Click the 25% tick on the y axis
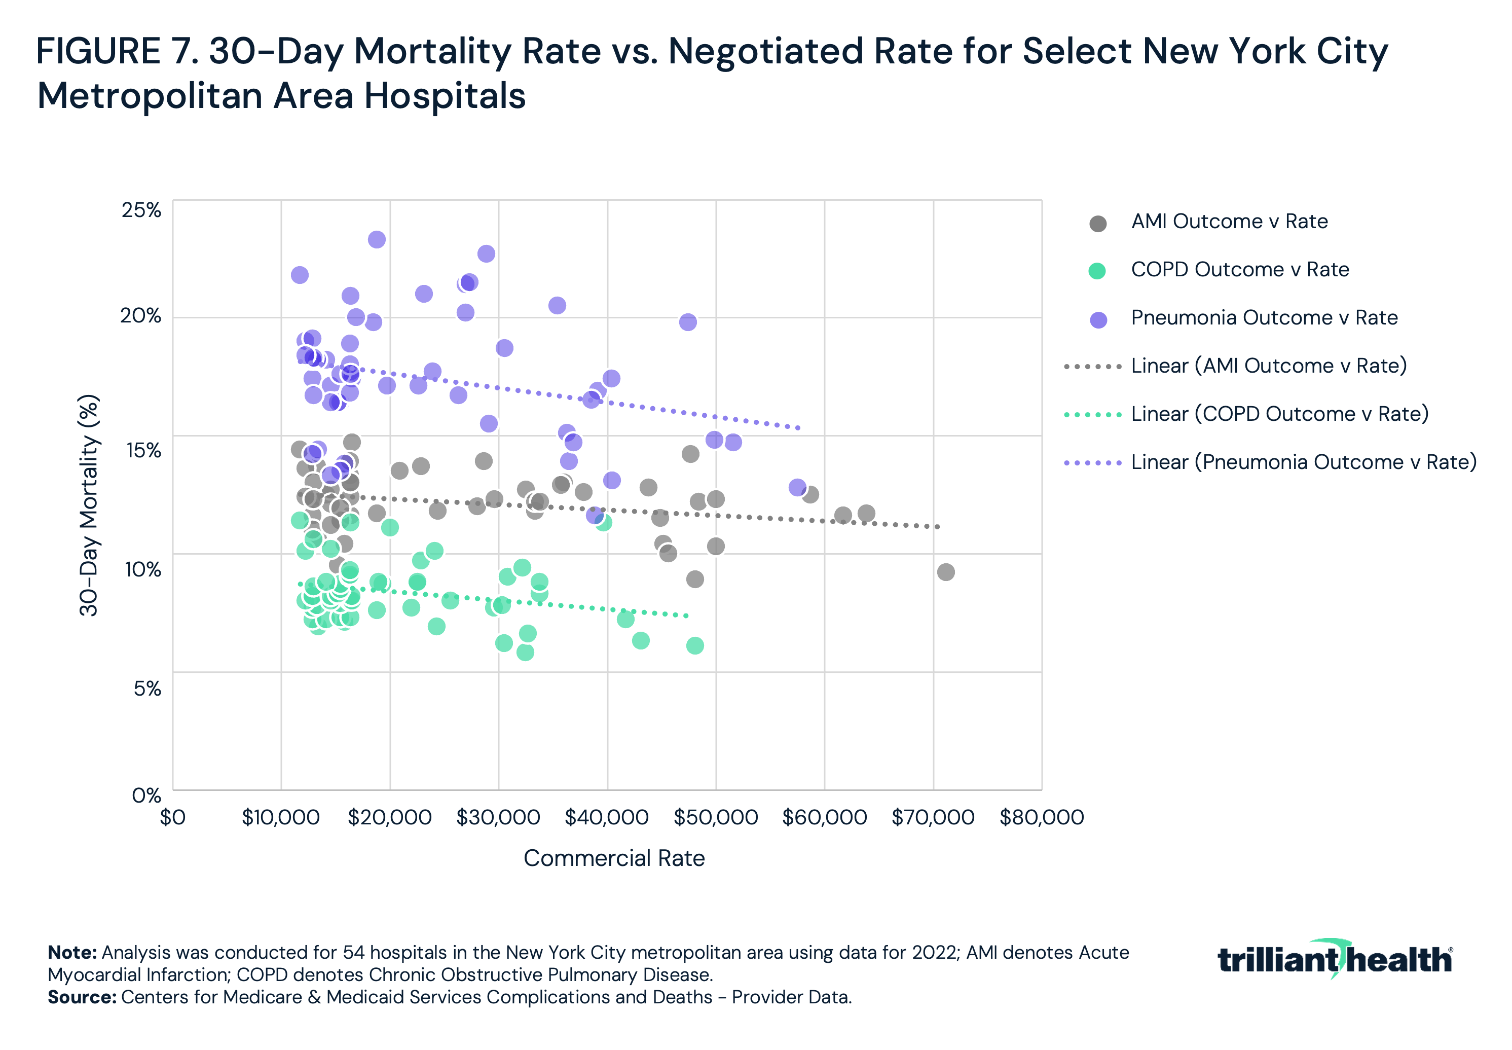141,210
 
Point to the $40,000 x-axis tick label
606,818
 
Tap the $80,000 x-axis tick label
1041,818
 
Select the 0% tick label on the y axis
146,795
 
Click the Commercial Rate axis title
614,858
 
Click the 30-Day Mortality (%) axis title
89,505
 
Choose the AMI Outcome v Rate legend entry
1229,222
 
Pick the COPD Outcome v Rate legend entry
1239,270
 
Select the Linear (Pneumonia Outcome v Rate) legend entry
1303,462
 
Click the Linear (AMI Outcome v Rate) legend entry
1268,366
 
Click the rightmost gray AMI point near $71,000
946,572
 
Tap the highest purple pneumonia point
377,239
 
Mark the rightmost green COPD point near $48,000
695,646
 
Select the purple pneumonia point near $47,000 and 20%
688,322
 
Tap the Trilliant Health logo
1335,959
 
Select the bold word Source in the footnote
82,997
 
